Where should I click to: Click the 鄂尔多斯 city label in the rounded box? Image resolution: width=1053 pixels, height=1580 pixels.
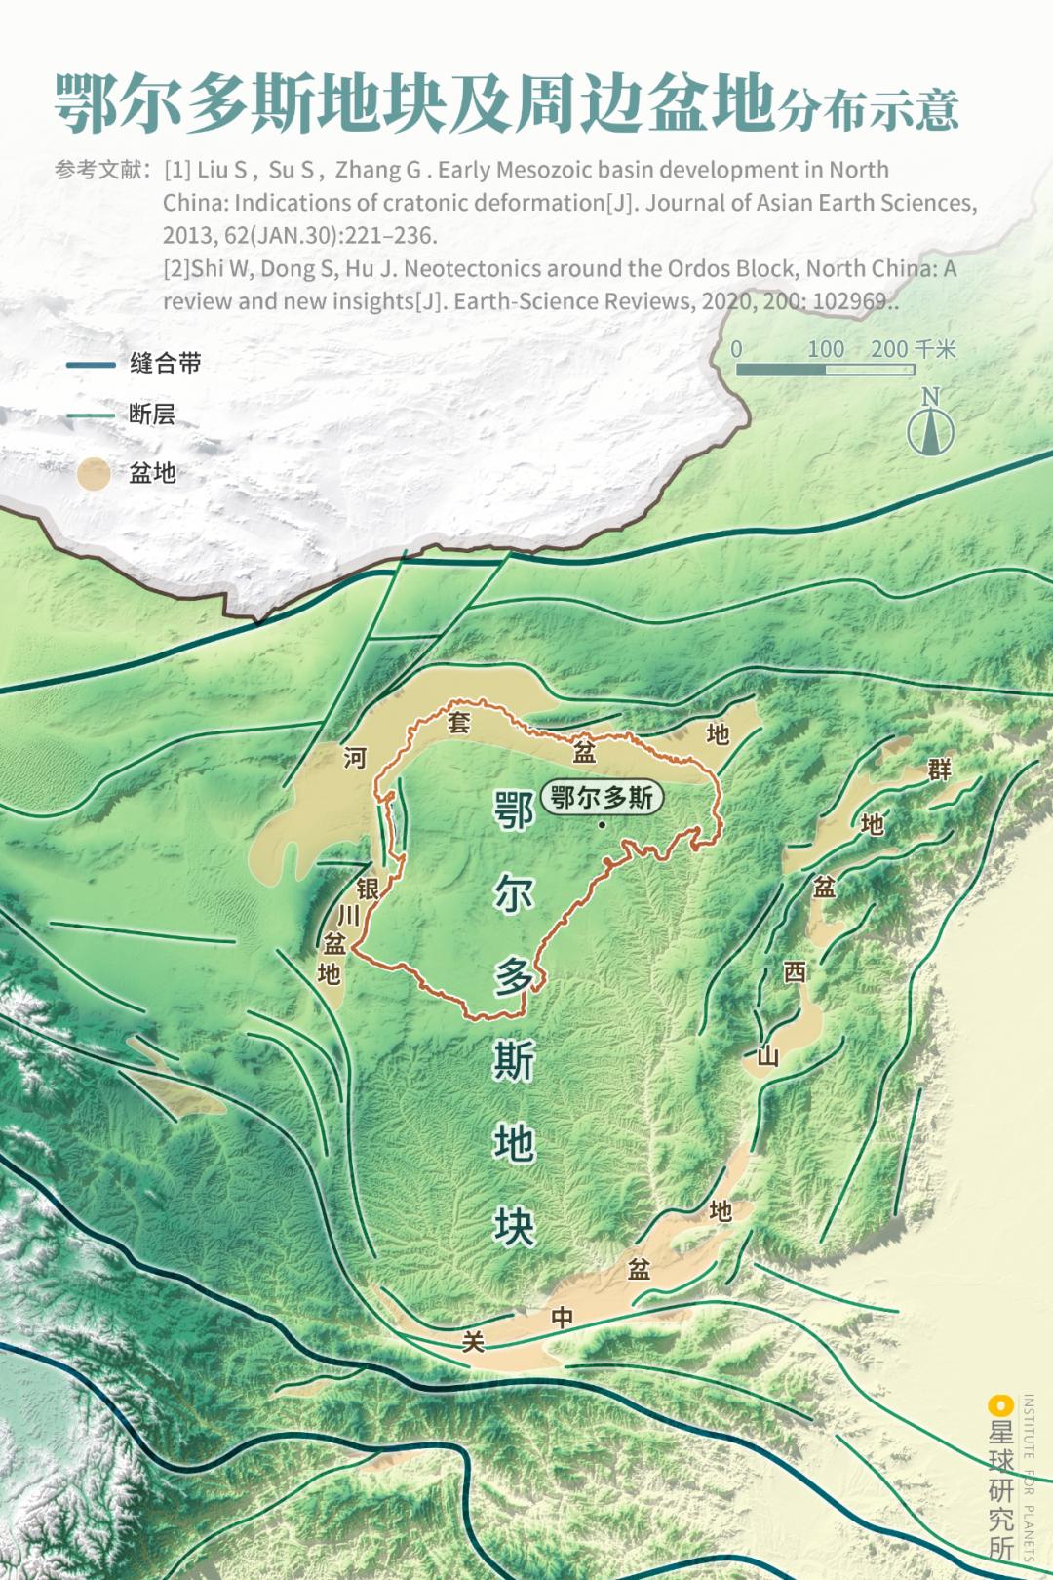coord(602,798)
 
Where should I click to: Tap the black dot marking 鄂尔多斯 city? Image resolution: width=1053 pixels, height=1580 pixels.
coord(603,825)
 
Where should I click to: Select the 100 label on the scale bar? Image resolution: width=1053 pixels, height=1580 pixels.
coord(825,349)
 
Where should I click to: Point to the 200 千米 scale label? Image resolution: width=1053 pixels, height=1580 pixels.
coord(913,349)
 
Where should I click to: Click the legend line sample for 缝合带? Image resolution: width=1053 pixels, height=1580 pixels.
coord(91,365)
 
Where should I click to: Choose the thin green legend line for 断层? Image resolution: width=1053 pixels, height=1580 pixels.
coord(91,415)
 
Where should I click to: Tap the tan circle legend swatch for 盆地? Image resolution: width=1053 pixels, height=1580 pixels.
coord(94,475)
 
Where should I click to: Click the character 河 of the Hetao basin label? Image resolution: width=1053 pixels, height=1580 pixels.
coord(355,758)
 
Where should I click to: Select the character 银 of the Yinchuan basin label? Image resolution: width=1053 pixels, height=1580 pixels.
coord(368,889)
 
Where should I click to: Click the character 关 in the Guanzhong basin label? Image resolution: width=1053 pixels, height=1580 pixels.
coord(473,1343)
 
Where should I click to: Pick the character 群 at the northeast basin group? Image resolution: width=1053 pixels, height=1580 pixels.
coord(939,770)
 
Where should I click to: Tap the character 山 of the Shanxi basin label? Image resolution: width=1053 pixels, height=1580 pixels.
coord(768,1056)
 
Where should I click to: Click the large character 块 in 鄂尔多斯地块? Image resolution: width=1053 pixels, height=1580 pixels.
coord(514,1227)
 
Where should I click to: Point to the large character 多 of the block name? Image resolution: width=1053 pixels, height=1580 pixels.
coord(514,975)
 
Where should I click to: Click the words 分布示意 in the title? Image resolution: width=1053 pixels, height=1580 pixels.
coord(868,110)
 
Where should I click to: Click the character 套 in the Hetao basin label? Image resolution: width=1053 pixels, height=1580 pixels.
coord(459,723)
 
